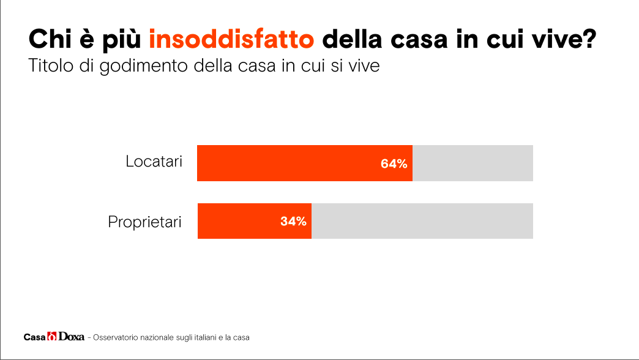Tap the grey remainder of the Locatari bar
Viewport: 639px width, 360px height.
pos(473,163)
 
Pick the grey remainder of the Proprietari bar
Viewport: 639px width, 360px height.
pos(422,221)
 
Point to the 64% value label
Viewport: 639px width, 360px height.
pos(394,163)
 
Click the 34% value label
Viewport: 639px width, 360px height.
pos(293,221)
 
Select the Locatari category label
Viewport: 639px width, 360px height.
pos(154,162)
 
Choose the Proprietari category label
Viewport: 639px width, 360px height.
pos(145,221)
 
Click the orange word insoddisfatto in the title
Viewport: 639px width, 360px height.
pos(232,40)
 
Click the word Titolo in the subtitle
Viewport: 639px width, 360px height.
pos(49,65)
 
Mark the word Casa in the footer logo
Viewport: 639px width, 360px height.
pos(34,337)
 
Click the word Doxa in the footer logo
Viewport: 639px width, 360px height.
pos(71,337)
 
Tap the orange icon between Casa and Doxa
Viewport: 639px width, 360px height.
pos(52,337)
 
